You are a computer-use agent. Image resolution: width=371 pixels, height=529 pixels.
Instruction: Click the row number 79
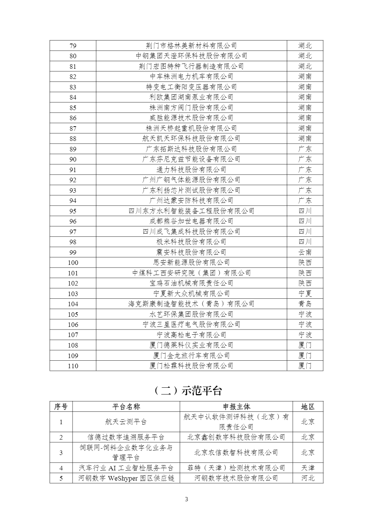[x=73, y=46]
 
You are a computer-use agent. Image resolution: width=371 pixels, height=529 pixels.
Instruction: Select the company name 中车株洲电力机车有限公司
[x=191, y=77]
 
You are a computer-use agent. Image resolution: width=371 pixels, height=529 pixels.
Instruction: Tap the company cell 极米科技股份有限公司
[x=191, y=242]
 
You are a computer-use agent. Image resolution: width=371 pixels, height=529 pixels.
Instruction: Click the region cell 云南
[x=305, y=252]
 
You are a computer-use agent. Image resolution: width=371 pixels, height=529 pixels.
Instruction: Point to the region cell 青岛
[x=305, y=304]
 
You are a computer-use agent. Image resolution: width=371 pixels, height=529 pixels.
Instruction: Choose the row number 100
[x=73, y=263]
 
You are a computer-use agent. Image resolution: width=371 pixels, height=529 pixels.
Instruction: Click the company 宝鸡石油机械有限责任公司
[x=191, y=283]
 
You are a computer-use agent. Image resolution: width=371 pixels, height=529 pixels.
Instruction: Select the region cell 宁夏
[x=305, y=294]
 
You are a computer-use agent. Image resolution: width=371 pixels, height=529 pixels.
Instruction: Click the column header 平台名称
[x=126, y=407]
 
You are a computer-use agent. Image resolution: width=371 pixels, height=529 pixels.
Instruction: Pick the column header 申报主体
[x=236, y=407]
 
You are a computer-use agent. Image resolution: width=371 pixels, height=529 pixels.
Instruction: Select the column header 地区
[x=307, y=407]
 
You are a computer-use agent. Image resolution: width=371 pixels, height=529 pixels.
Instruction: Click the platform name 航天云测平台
[x=126, y=422]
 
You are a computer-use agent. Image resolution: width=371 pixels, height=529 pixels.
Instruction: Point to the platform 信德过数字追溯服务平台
[x=126, y=437]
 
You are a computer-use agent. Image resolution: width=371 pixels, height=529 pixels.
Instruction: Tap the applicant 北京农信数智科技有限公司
[x=236, y=453]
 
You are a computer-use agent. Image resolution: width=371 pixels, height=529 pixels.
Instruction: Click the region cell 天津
[x=307, y=468]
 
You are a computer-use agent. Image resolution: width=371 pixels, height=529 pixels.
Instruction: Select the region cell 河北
[x=307, y=478]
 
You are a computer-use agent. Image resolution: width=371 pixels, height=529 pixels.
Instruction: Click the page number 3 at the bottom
[x=186, y=499]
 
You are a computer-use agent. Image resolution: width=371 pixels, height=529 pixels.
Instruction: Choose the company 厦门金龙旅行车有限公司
[x=191, y=356]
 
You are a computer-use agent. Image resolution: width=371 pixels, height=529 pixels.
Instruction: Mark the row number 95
[x=73, y=211]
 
